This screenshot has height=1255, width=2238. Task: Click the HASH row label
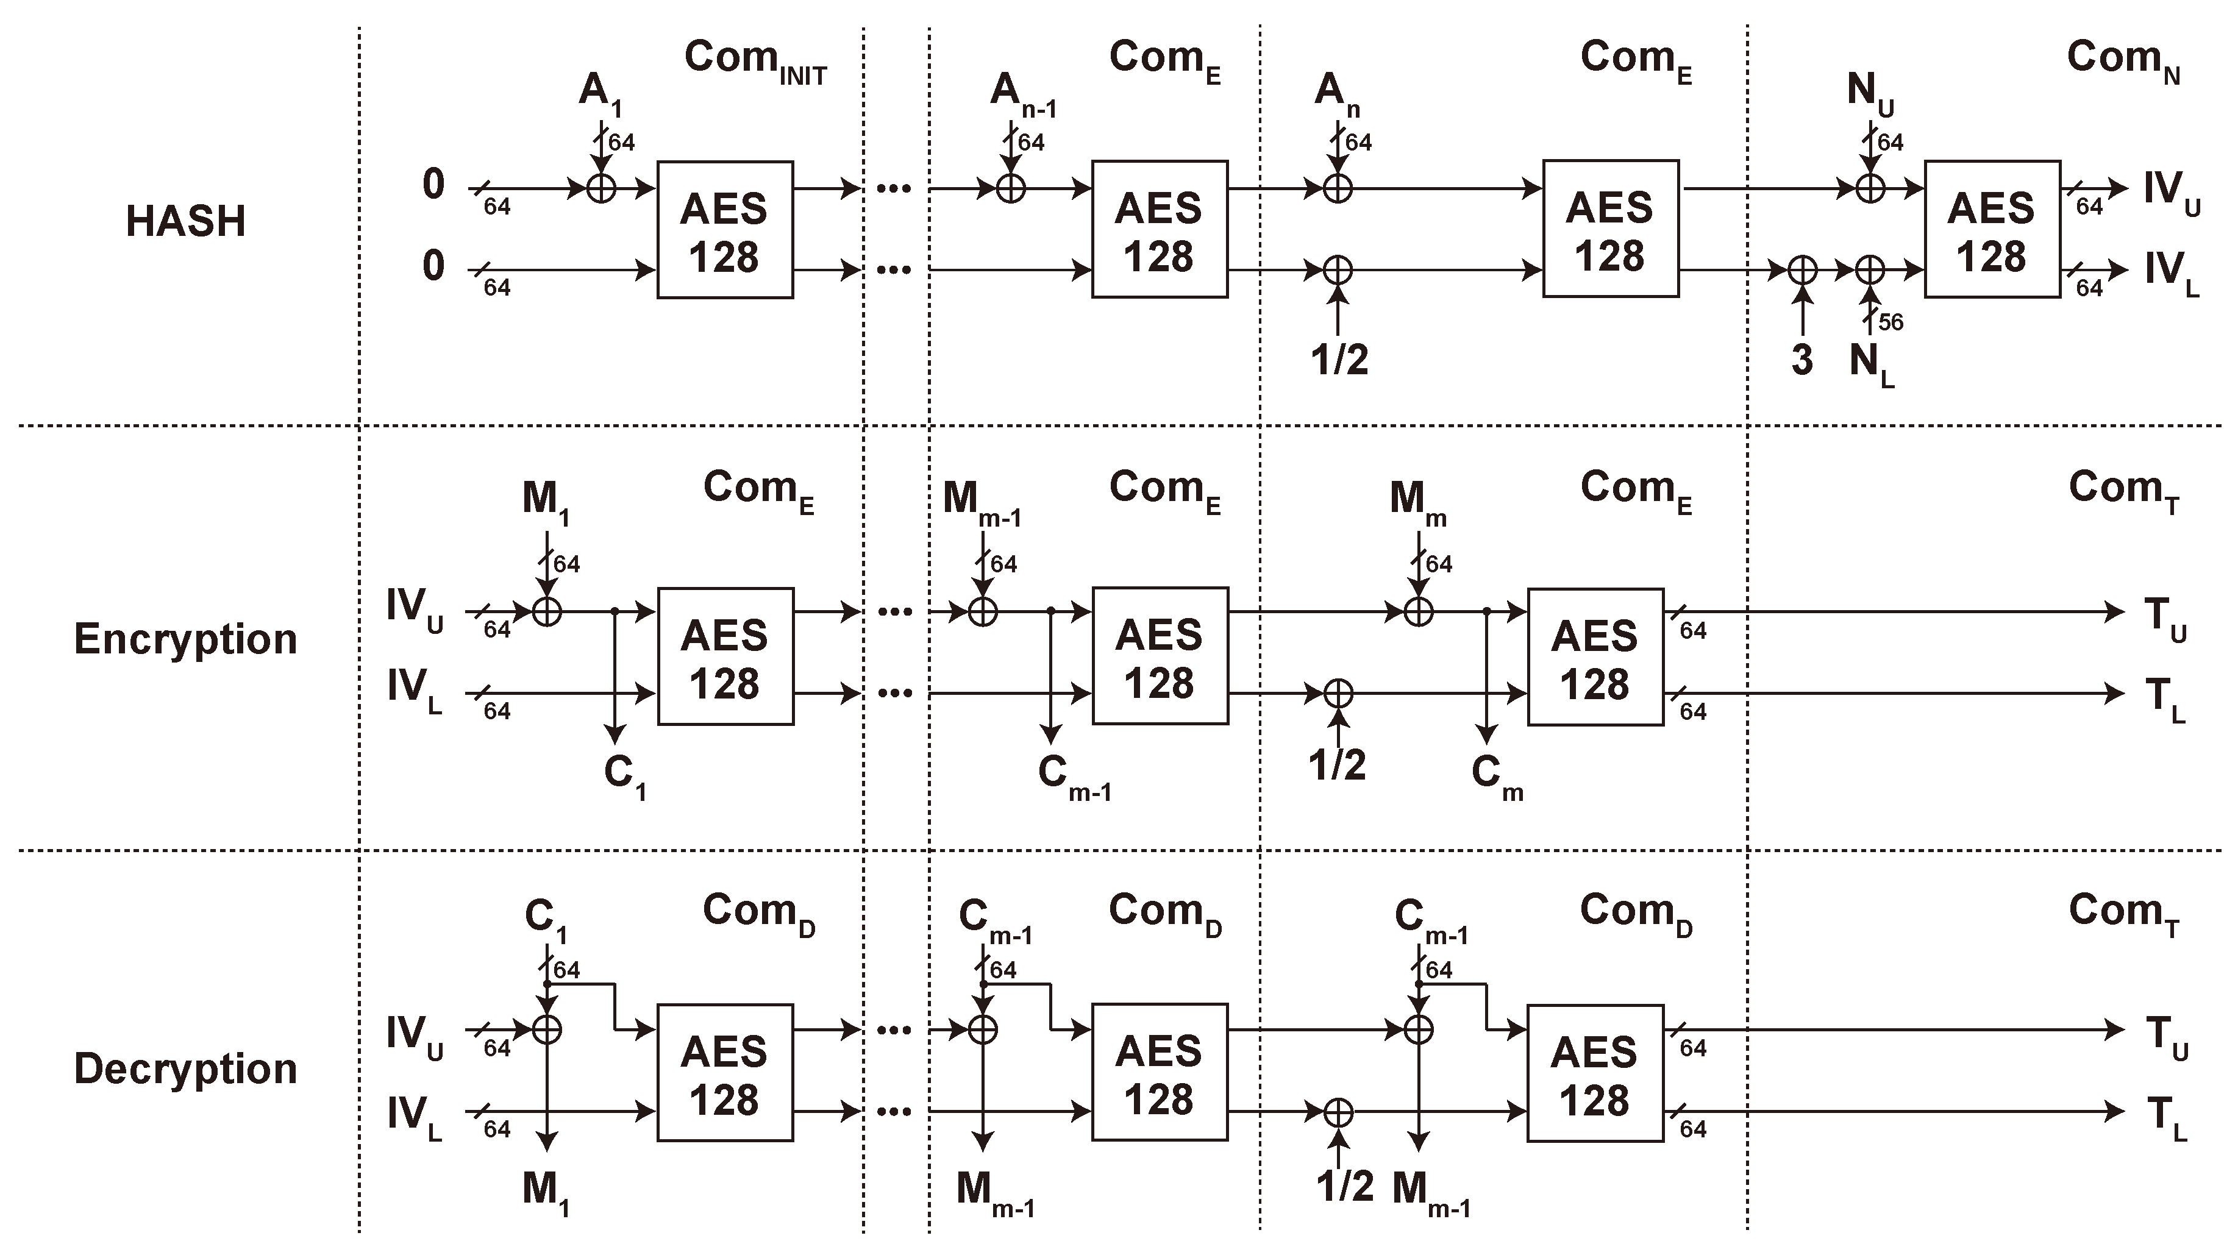click(x=185, y=221)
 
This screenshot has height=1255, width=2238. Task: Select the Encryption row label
click(x=185, y=639)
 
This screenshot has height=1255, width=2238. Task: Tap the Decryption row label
click(x=185, y=1068)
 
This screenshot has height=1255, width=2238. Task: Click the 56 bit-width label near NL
click(x=1891, y=322)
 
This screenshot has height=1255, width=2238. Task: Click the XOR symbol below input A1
click(x=600, y=188)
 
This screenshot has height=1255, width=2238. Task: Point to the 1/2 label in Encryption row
click(x=1337, y=765)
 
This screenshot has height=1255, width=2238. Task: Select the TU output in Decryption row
click(x=2166, y=1037)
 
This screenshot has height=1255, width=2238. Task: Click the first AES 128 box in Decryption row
click(x=725, y=1073)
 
